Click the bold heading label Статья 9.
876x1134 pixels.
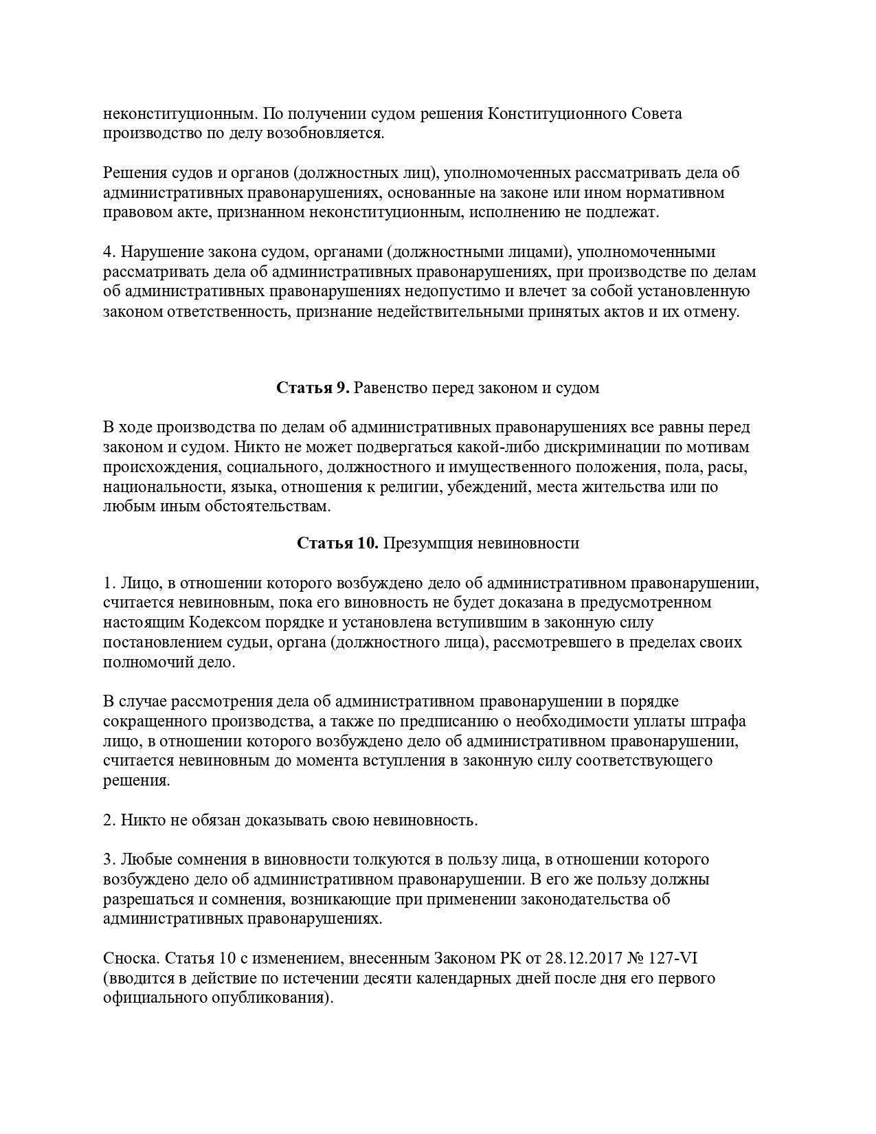[x=313, y=388]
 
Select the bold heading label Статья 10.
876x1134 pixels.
[x=337, y=544]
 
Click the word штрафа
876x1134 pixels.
[x=719, y=722]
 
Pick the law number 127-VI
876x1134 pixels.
[x=673, y=959]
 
